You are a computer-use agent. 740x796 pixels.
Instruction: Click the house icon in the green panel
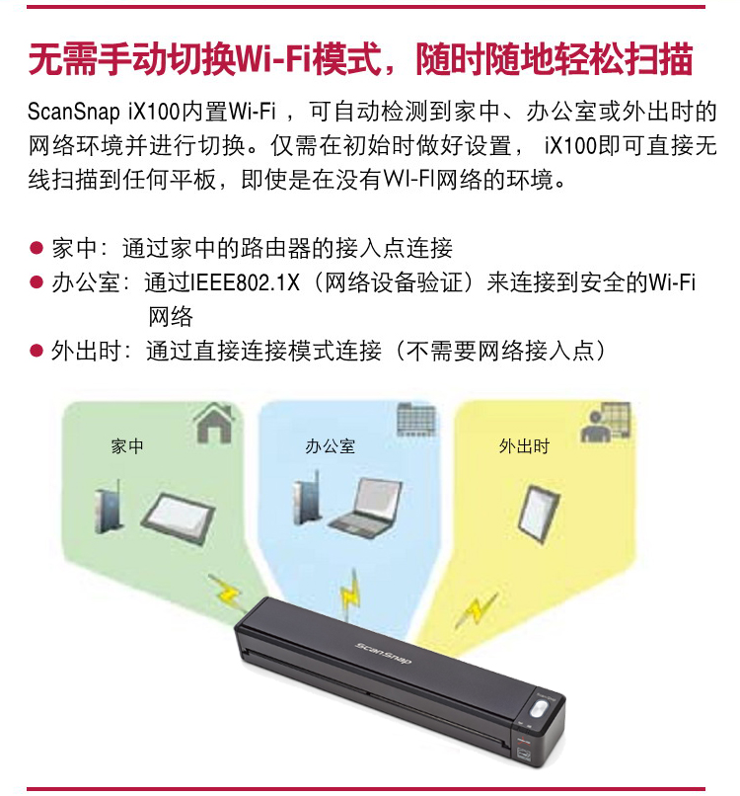coord(214,423)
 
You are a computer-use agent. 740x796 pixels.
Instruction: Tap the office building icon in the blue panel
coord(415,420)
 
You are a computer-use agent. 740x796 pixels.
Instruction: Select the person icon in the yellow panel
coord(606,423)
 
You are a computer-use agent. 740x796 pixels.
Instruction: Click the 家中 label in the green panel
coord(127,446)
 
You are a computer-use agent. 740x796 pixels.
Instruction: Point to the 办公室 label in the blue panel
coord(330,446)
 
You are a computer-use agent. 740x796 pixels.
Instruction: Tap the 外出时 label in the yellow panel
coord(524,446)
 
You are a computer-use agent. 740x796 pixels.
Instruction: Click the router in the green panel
coord(110,507)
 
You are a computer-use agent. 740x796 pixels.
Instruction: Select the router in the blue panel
coord(307,498)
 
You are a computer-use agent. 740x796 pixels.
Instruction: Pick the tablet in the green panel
coord(178,518)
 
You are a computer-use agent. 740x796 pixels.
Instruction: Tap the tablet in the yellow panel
coord(538,514)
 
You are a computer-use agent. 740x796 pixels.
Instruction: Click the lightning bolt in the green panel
coord(227,591)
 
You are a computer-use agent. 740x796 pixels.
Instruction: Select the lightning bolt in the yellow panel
coord(475,609)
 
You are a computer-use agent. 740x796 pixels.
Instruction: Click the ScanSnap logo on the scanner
coord(383,653)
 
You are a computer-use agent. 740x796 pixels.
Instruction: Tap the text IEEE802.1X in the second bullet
coord(245,282)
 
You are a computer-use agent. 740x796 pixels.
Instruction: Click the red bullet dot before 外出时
coord(36,351)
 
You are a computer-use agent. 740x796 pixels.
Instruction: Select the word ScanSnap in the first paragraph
coord(74,112)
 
